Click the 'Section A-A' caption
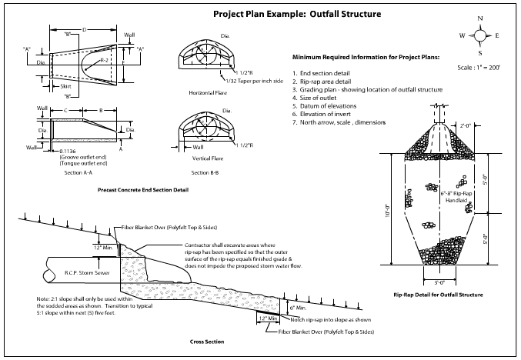click(x=78, y=173)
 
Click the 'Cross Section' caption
click(x=207, y=341)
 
